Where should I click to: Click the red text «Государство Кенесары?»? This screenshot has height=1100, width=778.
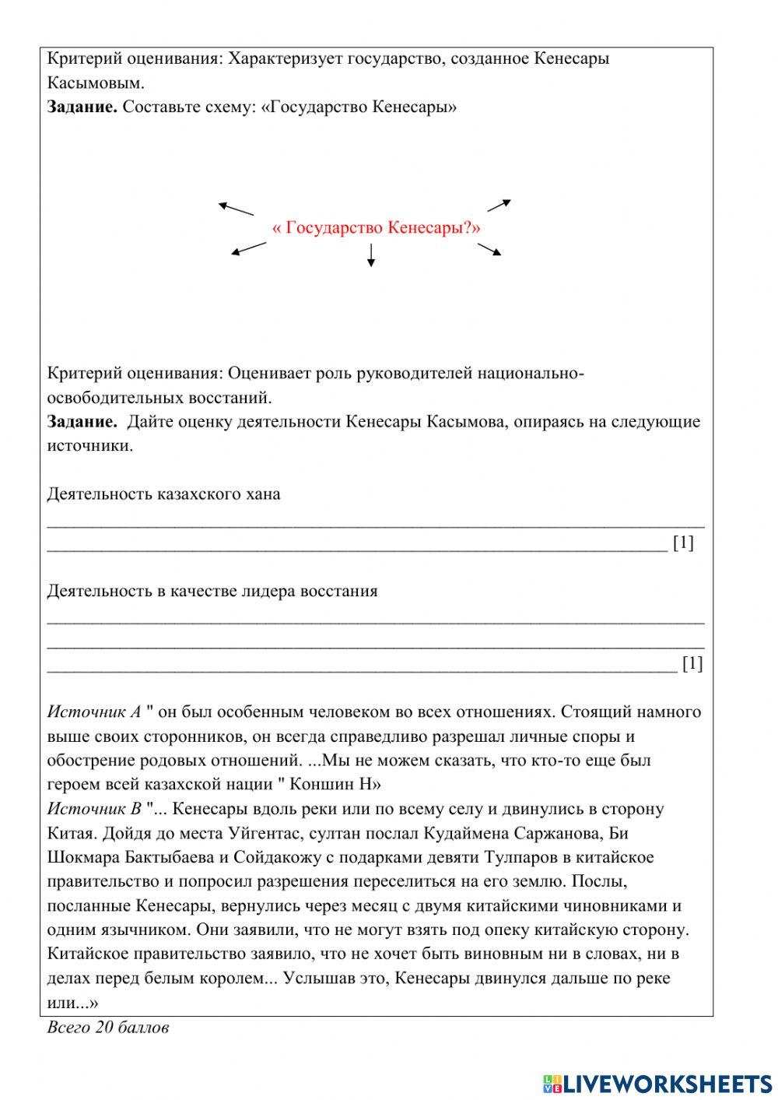[377, 228]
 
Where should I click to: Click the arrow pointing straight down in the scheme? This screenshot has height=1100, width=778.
[371, 255]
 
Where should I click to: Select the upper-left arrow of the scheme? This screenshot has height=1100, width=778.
[236, 209]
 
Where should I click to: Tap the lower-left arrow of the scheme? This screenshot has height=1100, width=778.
[248, 248]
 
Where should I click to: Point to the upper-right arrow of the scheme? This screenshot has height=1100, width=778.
[499, 206]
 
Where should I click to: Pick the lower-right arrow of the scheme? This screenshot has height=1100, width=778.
[489, 249]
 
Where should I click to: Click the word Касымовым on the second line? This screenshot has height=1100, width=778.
[96, 83]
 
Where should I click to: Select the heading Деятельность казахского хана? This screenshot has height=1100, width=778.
[163, 494]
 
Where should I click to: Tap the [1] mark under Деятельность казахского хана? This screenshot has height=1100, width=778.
[683, 543]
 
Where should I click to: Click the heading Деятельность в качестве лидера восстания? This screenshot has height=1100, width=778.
[212, 591]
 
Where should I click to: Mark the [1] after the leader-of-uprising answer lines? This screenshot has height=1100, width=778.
[692, 663]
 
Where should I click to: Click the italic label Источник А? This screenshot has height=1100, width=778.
[94, 712]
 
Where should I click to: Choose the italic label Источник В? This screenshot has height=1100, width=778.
[94, 809]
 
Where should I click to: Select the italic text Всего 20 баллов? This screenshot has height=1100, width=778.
[107, 1028]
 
